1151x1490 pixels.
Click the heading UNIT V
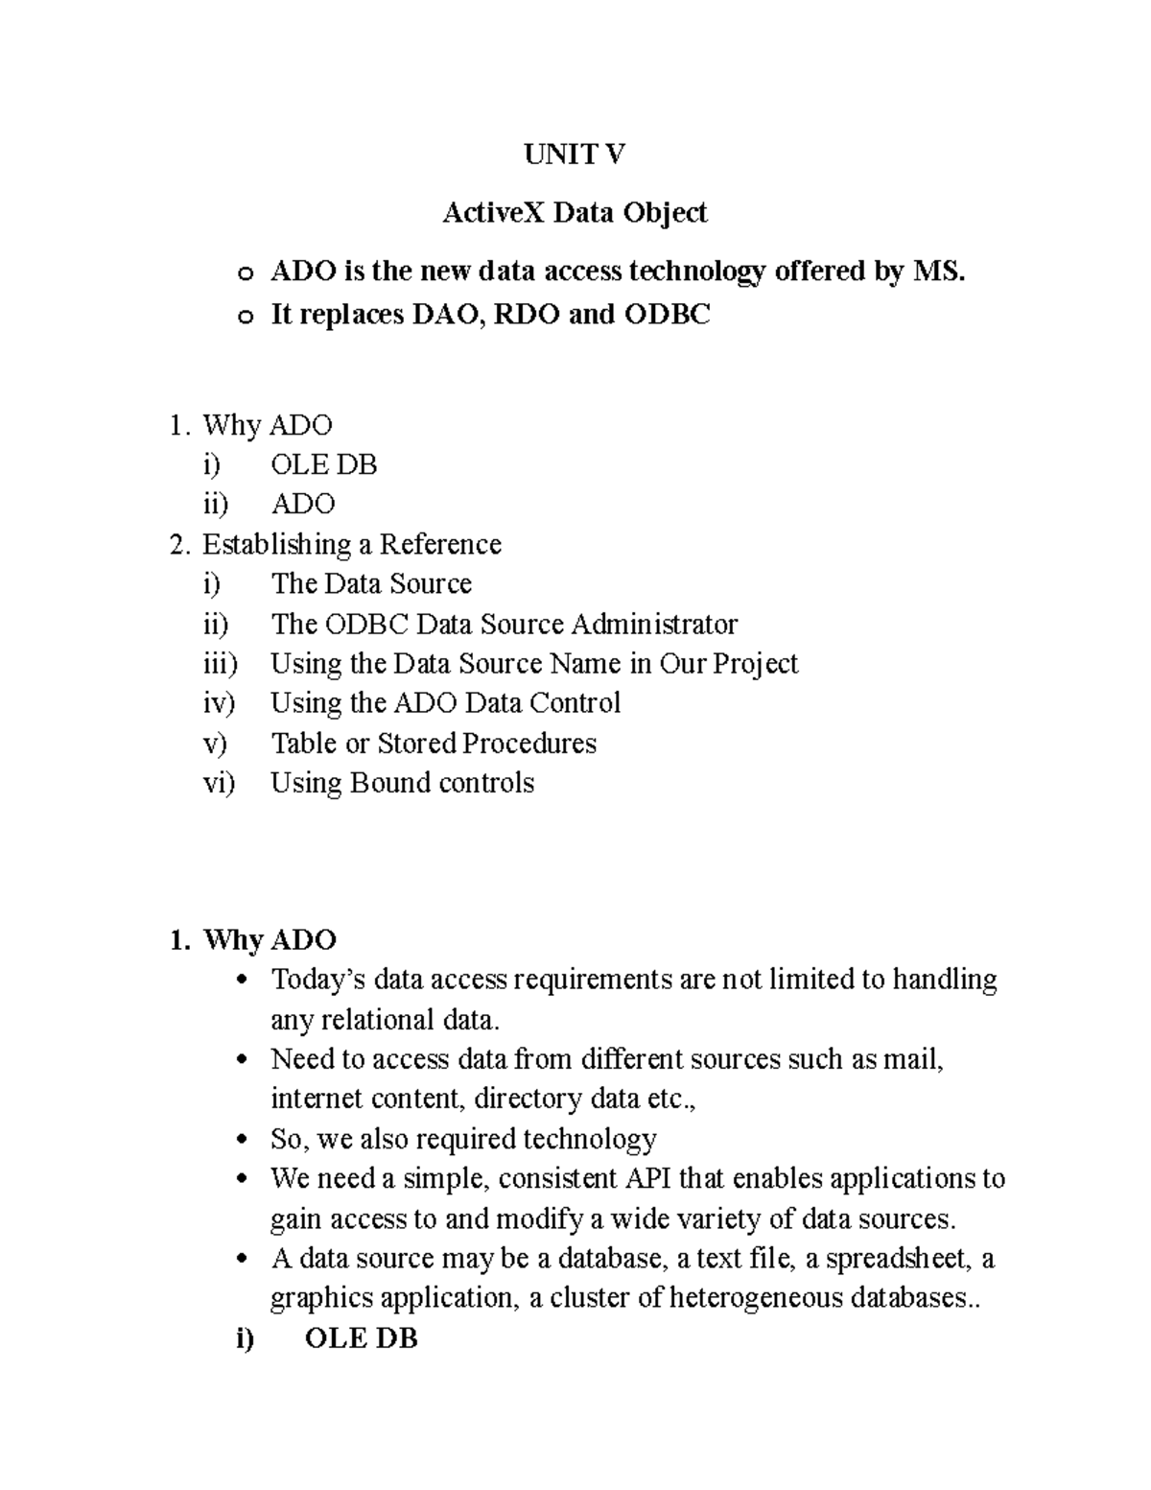tap(574, 154)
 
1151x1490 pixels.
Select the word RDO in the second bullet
tap(529, 314)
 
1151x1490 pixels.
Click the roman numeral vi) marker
tap(219, 783)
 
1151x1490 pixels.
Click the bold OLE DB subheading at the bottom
tap(361, 1338)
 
